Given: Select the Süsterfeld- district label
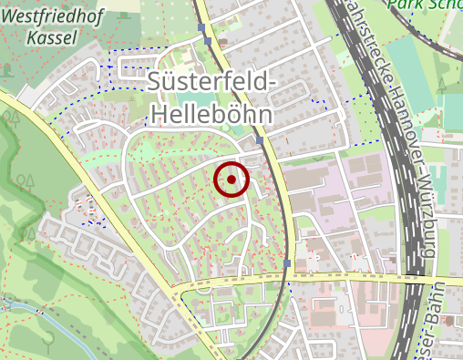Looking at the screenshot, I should point(210,83).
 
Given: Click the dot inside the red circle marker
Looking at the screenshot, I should point(231,180).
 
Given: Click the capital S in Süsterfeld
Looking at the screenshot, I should point(155,83).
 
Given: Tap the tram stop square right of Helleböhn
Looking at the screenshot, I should point(260,141).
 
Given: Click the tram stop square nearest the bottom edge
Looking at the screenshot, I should point(287,264).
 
